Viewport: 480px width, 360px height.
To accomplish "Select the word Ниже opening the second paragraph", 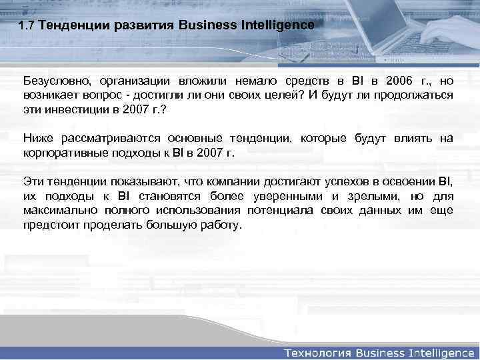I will [x=37, y=138].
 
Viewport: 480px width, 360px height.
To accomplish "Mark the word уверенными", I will [x=291, y=196].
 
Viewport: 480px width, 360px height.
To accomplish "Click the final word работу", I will [x=218, y=225].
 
